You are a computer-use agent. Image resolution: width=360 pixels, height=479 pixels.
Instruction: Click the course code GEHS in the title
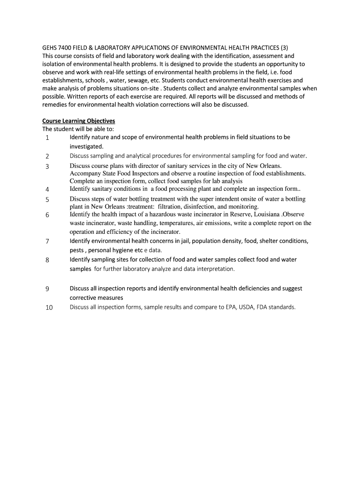point(50,47)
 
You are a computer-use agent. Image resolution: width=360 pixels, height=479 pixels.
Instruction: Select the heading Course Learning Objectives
point(79,121)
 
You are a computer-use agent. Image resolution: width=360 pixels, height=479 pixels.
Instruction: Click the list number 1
point(47,138)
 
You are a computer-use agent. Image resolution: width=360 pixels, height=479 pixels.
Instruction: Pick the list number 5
point(47,200)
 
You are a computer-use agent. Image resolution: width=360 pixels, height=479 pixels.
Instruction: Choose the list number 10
point(49,308)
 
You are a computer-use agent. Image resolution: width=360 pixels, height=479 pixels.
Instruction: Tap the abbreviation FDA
point(273,307)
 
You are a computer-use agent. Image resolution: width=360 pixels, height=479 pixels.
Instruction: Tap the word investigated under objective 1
point(86,146)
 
